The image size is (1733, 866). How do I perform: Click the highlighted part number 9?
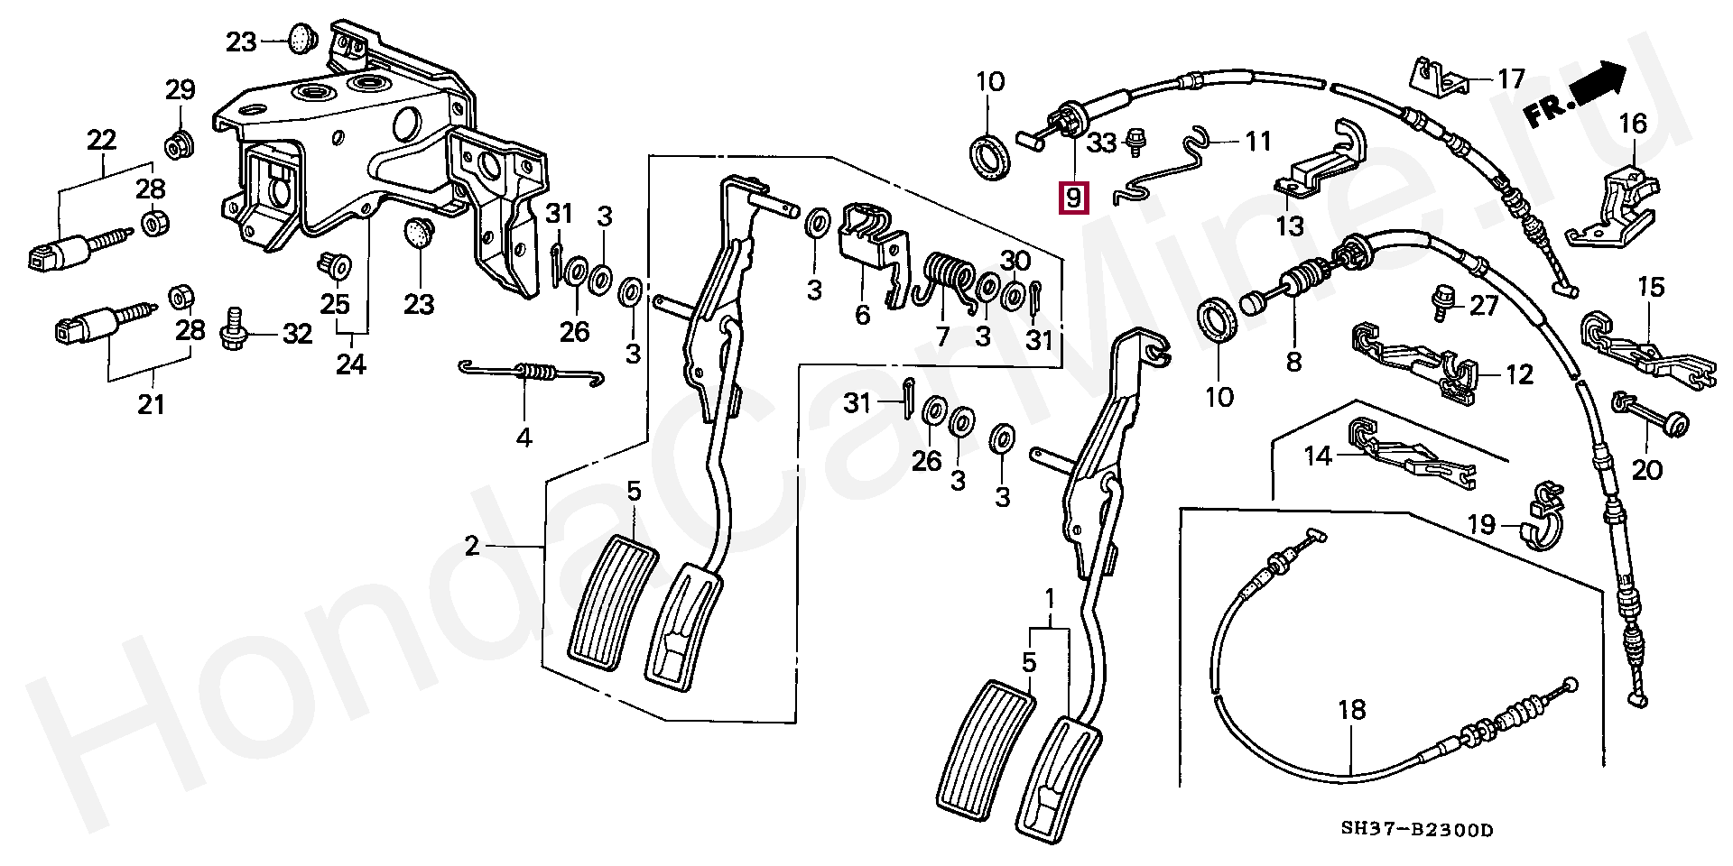coord(1073,197)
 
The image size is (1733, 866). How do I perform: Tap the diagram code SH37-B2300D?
coord(1416,829)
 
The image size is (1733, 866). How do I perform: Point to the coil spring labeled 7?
coord(949,280)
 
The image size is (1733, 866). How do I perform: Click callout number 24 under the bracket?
coord(351,364)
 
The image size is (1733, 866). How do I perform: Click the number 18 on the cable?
coord(1351,710)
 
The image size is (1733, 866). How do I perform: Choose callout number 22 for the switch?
coord(102,140)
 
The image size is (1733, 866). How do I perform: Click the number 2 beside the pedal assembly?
coord(472,546)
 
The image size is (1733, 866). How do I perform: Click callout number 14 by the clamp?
coord(1319,456)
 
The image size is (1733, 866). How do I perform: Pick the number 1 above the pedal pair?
coord(1050,599)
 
